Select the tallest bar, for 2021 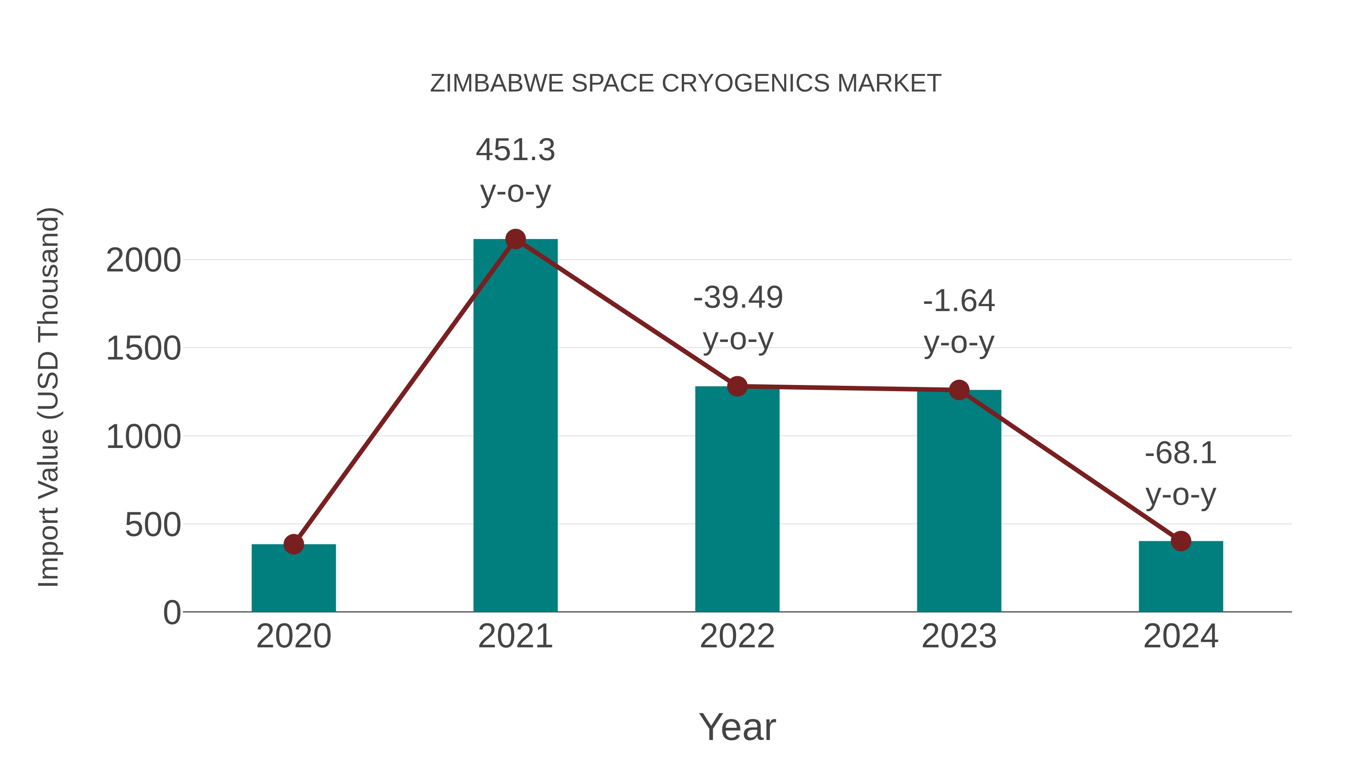click(x=515, y=426)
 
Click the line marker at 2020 click(x=293, y=544)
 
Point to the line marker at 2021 click(x=515, y=239)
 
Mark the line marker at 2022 click(x=737, y=386)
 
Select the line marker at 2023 click(x=959, y=390)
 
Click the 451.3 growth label click(x=515, y=150)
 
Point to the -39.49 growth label click(x=738, y=297)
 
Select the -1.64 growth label click(x=959, y=301)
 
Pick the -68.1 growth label click(x=1181, y=453)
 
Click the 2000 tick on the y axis click(x=143, y=261)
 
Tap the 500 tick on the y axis click(x=153, y=525)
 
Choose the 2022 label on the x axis click(x=737, y=636)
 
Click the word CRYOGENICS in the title click(x=746, y=83)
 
